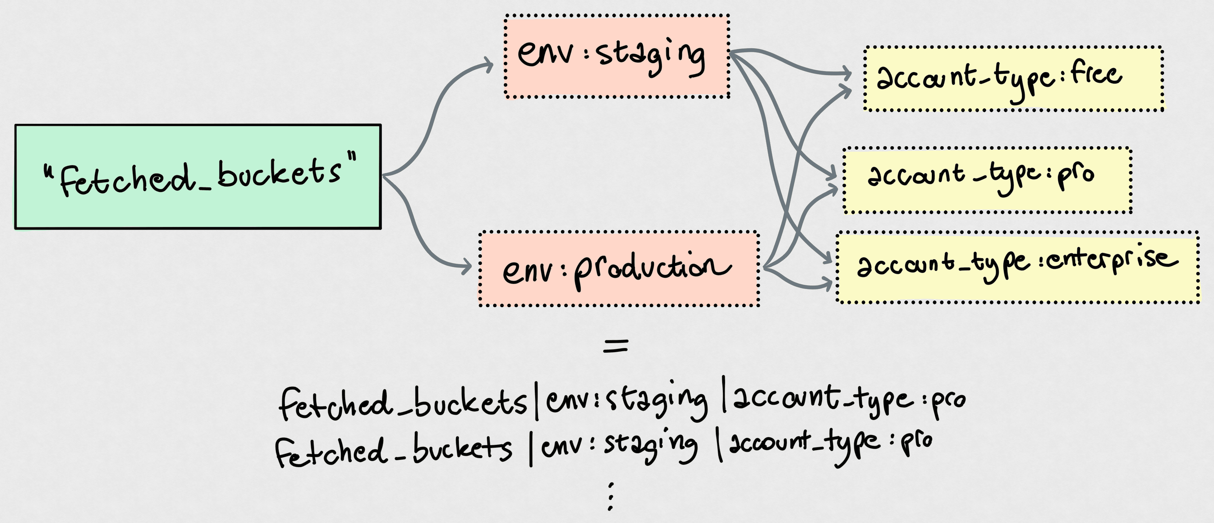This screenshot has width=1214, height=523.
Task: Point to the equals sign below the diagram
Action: [x=616, y=347]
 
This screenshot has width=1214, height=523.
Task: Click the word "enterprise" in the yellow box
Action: [x=1112, y=259]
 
